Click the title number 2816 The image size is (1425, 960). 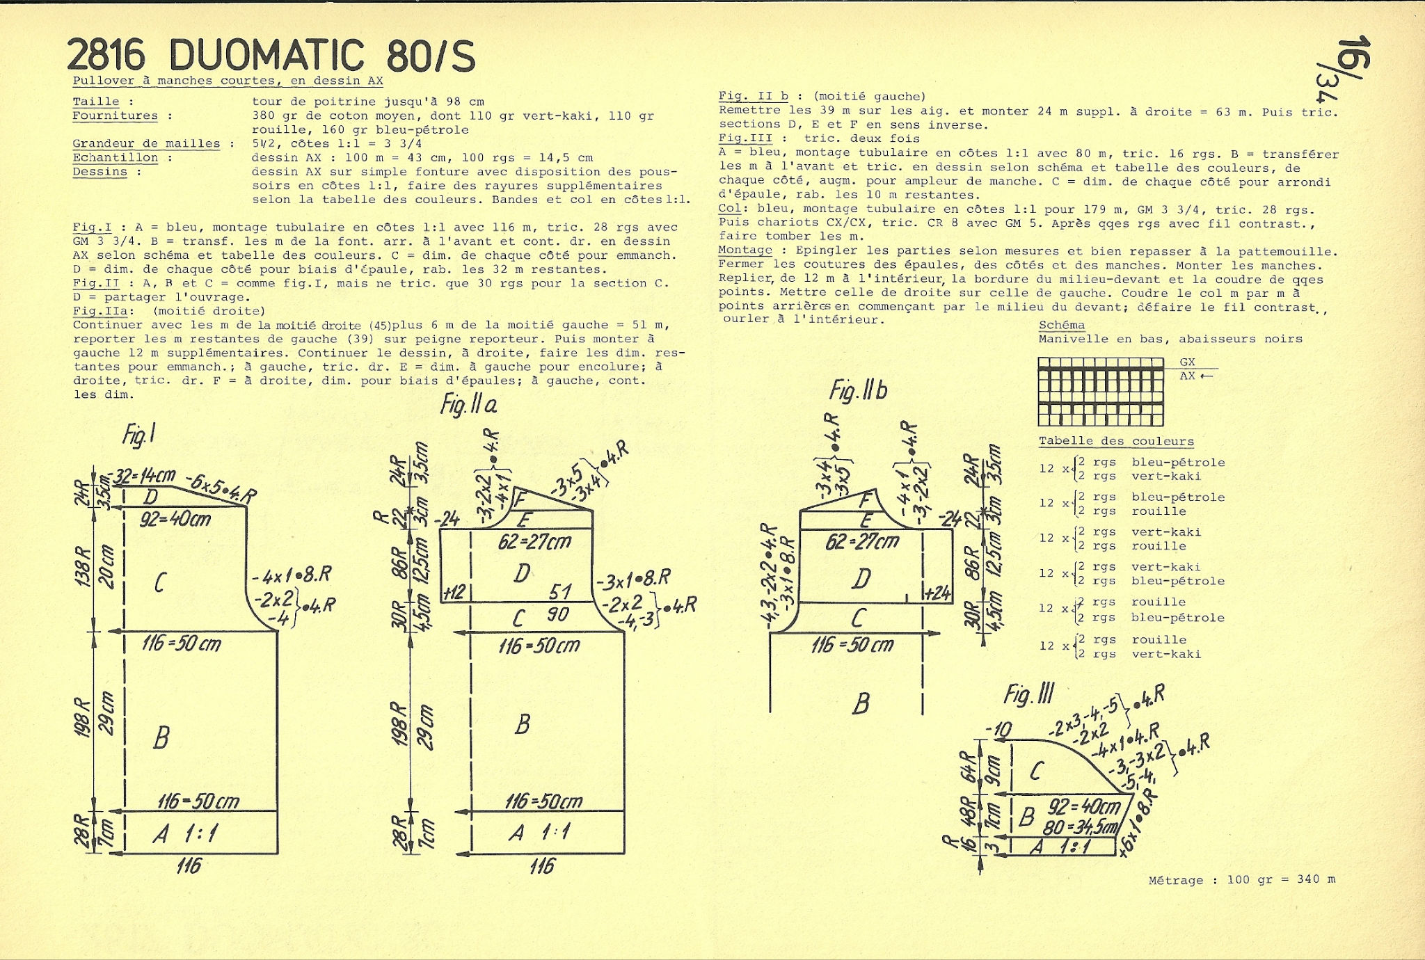tap(106, 55)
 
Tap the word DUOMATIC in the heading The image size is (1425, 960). tap(266, 55)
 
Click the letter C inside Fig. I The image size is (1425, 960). tap(159, 582)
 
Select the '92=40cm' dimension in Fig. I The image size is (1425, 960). tap(175, 518)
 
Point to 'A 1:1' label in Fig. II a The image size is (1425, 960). tap(539, 832)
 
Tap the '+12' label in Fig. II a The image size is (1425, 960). tap(454, 592)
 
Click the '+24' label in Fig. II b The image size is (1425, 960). tap(937, 593)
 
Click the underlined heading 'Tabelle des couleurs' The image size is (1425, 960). tap(1116, 442)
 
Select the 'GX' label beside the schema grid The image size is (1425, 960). tap(1187, 362)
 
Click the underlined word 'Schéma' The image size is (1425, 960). tap(1062, 326)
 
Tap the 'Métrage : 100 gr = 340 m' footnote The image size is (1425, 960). tap(1242, 880)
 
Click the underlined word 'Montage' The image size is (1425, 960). tap(745, 250)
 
